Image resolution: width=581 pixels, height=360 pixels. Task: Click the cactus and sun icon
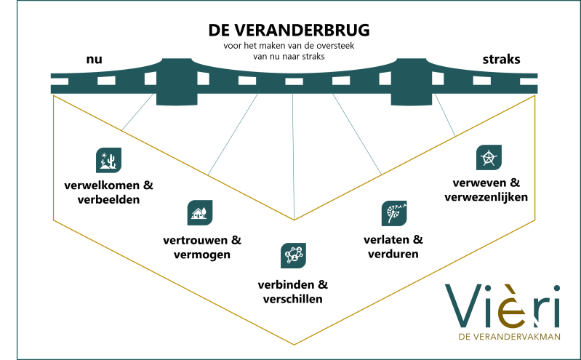[109, 160]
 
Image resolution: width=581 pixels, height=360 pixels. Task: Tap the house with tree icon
[200, 213]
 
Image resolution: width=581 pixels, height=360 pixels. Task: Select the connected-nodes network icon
[293, 255]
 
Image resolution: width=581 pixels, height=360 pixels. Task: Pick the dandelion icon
[394, 213]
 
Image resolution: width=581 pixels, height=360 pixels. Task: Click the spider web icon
[489, 157]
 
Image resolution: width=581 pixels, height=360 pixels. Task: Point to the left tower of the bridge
[175, 81]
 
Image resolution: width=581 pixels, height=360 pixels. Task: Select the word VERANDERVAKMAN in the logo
[518, 337]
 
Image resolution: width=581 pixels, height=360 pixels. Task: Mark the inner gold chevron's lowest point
[294, 220]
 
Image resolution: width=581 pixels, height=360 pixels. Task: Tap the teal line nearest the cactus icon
[138, 112]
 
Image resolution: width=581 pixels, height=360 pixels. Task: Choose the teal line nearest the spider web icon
[444, 115]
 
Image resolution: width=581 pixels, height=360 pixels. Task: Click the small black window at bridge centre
[294, 81]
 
